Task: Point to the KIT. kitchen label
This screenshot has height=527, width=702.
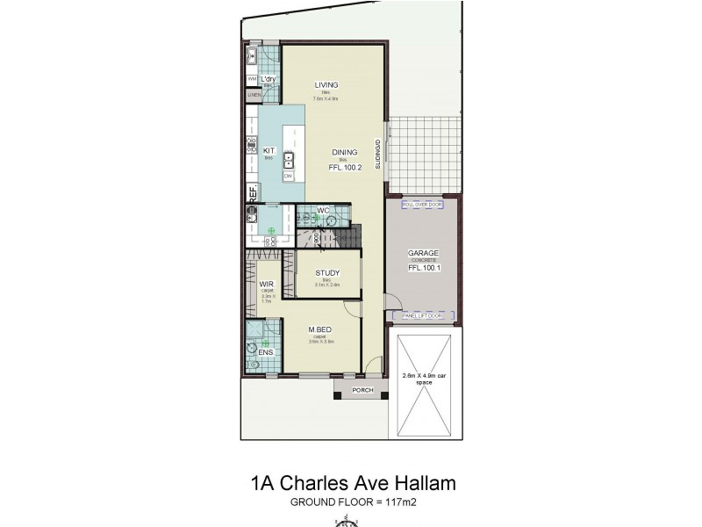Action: click(269, 150)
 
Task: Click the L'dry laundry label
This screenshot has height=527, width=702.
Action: click(269, 79)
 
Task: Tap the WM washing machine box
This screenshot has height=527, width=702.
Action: click(252, 79)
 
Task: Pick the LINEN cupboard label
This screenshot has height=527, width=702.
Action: click(254, 95)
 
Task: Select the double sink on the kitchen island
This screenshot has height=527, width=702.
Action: click(289, 159)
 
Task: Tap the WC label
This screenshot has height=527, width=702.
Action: click(322, 211)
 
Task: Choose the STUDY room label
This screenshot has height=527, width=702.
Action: click(327, 273)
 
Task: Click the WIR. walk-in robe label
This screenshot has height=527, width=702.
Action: click(267, 285)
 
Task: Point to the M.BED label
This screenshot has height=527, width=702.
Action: click(318, 330)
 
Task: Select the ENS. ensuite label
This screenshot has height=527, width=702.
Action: click(265, 352)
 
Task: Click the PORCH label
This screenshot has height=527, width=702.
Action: click(362, 390)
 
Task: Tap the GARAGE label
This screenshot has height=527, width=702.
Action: click(423, 254)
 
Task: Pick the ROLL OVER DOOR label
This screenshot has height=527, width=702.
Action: click(422, 205)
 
